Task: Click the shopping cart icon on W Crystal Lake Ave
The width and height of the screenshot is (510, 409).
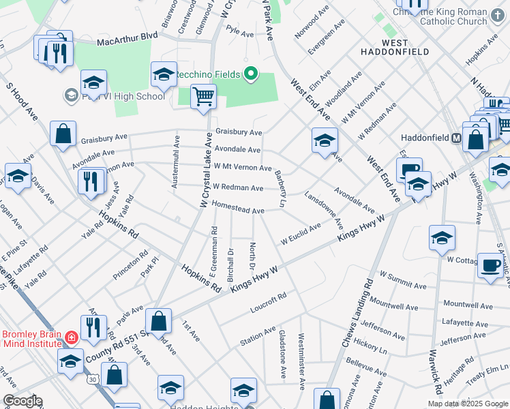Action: (x=203, y=96)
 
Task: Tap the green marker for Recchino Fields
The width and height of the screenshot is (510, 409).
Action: (x=251, y=73)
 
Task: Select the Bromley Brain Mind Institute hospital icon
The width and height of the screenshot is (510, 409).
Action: (x=71, y=337)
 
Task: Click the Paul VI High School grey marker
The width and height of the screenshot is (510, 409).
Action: (x=70, y=95)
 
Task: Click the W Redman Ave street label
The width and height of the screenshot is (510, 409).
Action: (x=238, y=187)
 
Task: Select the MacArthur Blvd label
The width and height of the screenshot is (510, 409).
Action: (x=122, y=42)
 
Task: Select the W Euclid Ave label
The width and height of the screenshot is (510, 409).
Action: (x=300, y=234)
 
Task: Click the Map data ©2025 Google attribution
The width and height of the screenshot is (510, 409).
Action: (x=468, y=404)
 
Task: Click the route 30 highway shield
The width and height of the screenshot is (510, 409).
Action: (x=93, y=378)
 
